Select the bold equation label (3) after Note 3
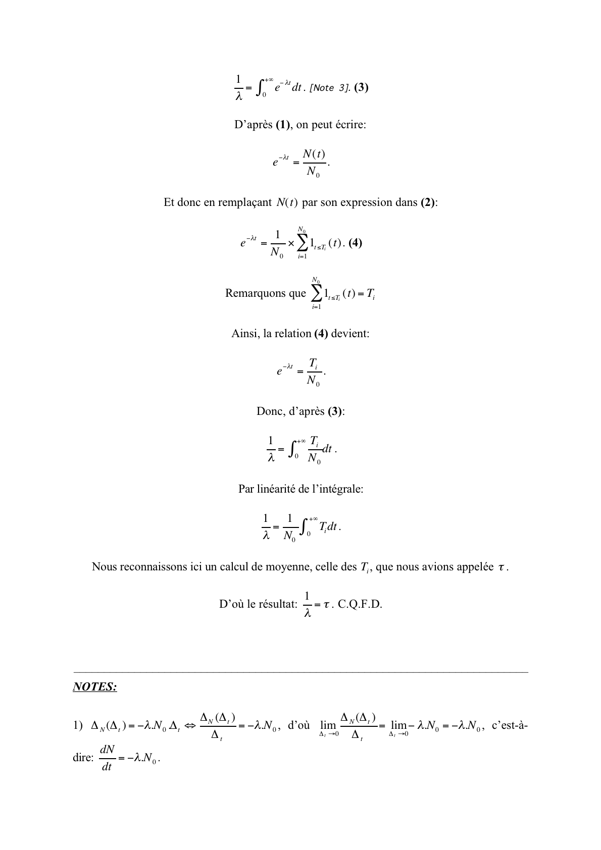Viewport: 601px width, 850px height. click(361, 87)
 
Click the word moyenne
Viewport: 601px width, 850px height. click(284, 566)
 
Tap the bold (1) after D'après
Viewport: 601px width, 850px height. click(283, 125)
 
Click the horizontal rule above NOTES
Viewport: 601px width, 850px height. click(300, 672)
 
